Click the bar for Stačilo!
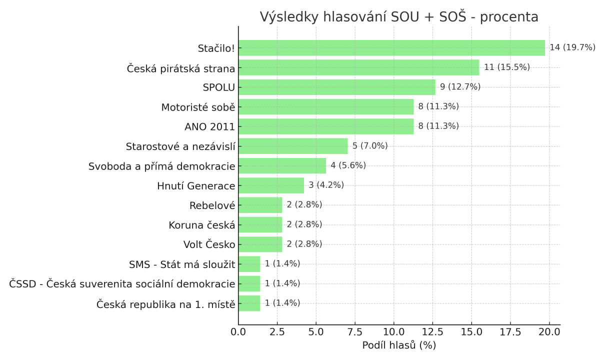click(391, 48)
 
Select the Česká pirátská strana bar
click(358, 67)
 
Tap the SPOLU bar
click(337, 87)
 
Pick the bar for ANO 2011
click(326, 126)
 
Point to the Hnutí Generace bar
click(271, 185)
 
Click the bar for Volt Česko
click(260, 244)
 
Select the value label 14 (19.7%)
click(572, 47)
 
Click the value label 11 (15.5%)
click(506, 67)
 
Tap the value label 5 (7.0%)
click(370, 146)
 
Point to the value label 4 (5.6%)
click(348, 165)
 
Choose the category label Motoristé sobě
click(198, 107)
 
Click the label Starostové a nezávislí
click(180, 146)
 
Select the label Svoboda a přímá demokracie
click(162, 166)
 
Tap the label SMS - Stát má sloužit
click(182, 264)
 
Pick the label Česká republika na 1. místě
click(165, 303)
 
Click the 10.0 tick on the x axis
click(393, 332)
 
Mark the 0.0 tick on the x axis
click(238, 332)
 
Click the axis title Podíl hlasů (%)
click(399, 345)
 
